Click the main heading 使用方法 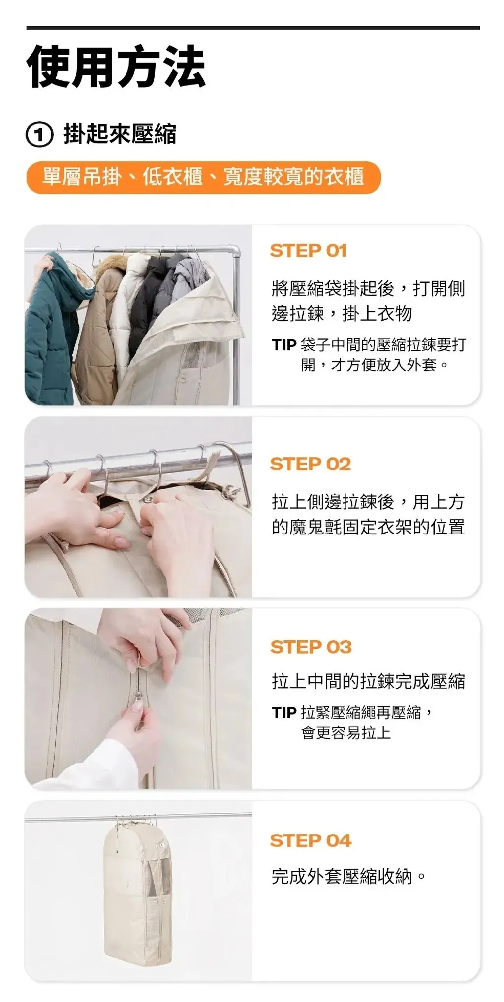pyautogui.click(x=116, y=67)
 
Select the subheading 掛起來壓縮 pyautogui.click(x=120, y=134)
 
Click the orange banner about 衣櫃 pyautogui.click(x=203, y=177)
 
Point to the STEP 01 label pyautogui.click(x=308, y=251)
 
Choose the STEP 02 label pyautogui.click(x=310, y=464)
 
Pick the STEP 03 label pyautogui.click(x=311, y=647)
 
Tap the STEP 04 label pyautogui.click(x=311, y=841)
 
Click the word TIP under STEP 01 pyautogui.click(x=283, y=345)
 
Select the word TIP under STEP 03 pyautogui.click(x=283, y=713)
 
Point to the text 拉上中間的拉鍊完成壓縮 pyautogui.click(x=368, y=682)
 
